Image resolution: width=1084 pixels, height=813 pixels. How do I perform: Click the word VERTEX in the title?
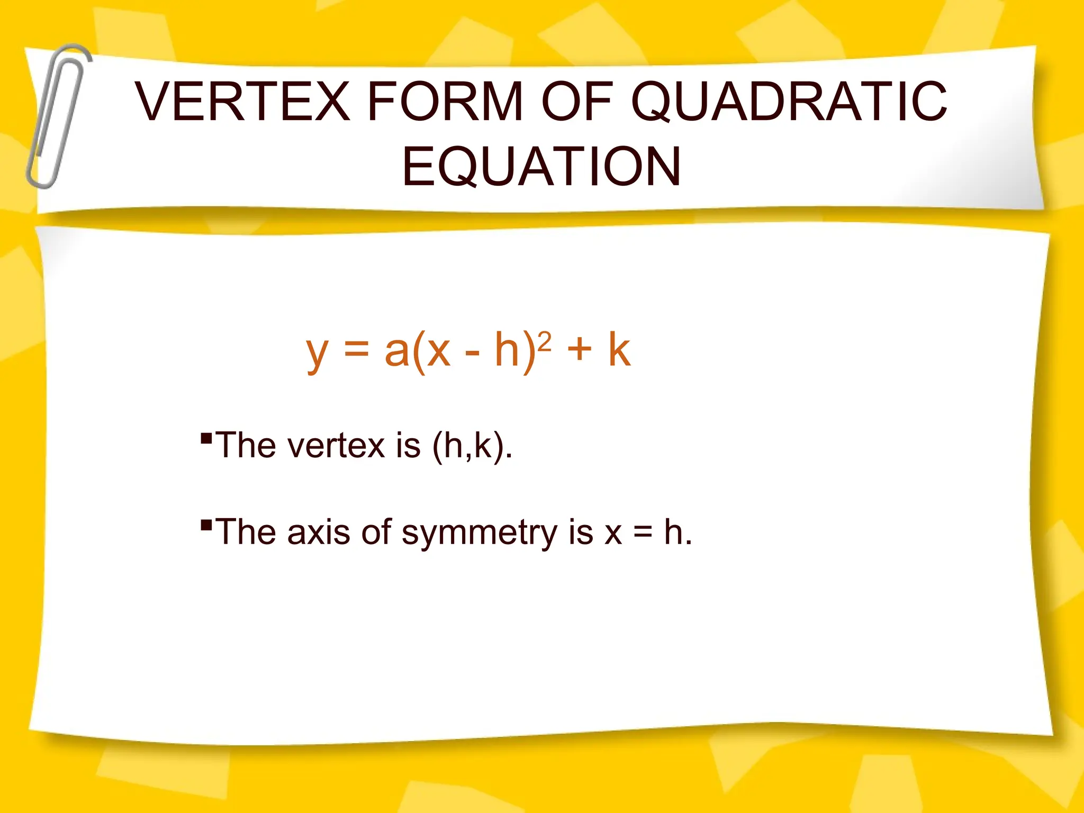click(x=242, y=101)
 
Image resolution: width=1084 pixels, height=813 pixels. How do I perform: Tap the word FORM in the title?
click(x=445, y=101)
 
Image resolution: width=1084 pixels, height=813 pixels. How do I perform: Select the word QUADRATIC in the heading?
click(x=789, y=101)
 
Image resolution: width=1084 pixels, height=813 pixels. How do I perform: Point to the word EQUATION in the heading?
click(x=541, y=167)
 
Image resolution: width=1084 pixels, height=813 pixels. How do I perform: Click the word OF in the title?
click(x=577, y=101)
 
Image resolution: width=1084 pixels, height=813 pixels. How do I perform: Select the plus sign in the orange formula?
click(x=580, y=350)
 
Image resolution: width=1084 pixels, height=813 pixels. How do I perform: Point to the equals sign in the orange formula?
click(x=356, y=350)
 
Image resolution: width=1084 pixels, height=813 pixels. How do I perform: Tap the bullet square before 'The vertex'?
click(x=206, y=438)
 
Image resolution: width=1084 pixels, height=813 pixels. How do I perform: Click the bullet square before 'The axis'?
click(x=206, y=525)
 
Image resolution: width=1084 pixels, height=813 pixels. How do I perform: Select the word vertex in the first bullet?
click(x=336, y=446)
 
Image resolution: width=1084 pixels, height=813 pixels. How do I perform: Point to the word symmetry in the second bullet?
click(x=479, y=533)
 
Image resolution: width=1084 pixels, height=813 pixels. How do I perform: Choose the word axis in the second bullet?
click(x=318, y=532)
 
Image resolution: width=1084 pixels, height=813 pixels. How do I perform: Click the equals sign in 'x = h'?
click(x=643, y=533)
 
